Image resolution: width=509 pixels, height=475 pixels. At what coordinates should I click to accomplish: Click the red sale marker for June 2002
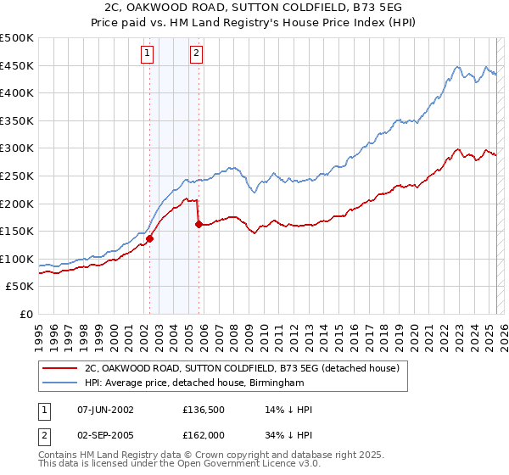149,238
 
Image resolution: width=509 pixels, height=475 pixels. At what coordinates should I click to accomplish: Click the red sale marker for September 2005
199,225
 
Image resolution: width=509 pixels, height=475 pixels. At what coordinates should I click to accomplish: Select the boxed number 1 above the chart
148,54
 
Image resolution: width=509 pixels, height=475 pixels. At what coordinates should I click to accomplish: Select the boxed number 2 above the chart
197,54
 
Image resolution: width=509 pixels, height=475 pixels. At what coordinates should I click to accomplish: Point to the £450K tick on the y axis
18,65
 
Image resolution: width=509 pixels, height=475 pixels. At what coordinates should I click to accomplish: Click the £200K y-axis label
18,204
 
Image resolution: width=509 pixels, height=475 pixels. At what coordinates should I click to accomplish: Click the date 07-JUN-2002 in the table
105,410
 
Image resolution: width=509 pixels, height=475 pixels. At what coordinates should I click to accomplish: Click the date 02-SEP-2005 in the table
105,435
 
